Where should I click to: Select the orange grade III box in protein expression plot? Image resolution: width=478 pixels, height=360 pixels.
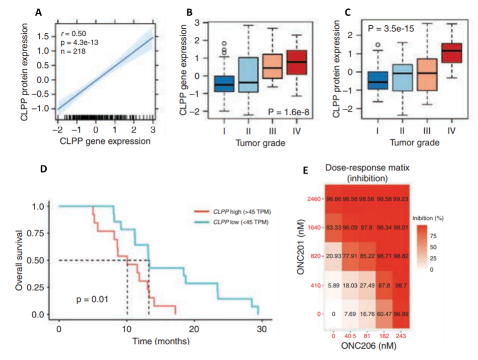pyautogui.click(x=426, y=75)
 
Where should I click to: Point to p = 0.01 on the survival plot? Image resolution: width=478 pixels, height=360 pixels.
pyautogui.click(x=92, y=298)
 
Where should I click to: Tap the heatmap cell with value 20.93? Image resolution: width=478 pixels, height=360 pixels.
pyautogui.click(x=334, y=256)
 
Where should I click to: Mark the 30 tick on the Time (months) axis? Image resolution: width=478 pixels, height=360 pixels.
pyautogui.click(x=261, y=328)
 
